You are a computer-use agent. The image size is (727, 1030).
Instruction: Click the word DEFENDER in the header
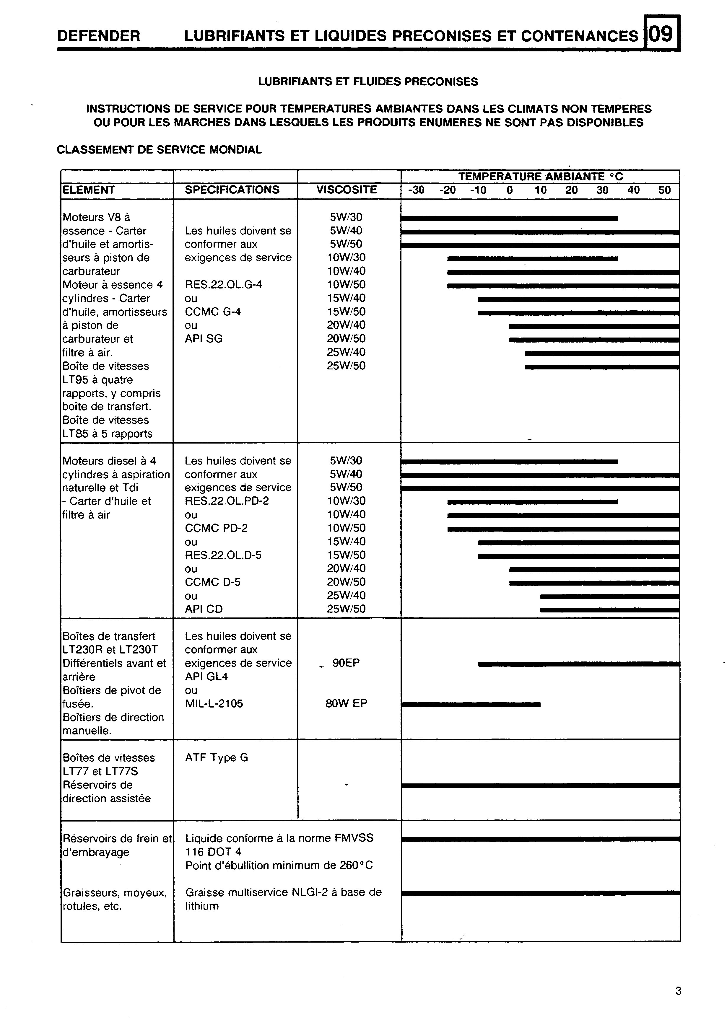point(99,36)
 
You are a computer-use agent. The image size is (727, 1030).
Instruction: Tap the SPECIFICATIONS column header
point(232,190)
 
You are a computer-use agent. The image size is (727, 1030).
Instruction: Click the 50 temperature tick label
point(665,190)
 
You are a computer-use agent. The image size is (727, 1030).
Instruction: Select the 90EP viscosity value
point(346,663)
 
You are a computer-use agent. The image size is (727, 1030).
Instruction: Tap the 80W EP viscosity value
point(346,703)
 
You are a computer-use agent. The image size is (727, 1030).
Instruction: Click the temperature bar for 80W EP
point(471,705)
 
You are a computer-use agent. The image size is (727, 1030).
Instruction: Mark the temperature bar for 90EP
point(579,664)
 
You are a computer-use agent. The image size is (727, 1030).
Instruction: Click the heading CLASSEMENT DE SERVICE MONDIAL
point(159,150)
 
